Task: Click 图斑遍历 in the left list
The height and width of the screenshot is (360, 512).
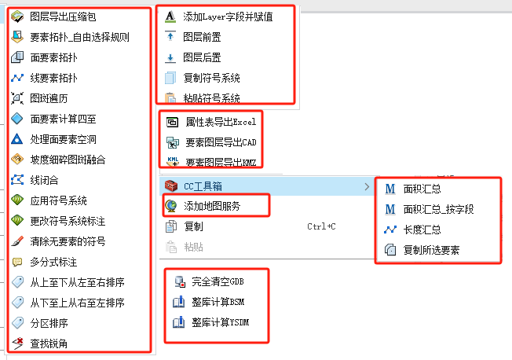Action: [48, 98]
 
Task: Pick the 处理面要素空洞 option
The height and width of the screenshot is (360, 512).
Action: [63, 139]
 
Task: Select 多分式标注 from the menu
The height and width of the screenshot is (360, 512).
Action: [53, 262]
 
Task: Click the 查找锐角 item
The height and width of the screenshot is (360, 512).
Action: [48, 343]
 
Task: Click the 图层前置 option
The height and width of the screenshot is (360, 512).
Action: [202, 37]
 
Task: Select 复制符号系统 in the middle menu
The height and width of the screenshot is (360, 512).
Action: [211, 78]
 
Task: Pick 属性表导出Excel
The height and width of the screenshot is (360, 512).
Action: [221, 123]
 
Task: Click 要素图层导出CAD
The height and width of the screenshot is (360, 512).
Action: [221, 142]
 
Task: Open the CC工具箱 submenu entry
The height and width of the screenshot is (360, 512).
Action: [208, 186]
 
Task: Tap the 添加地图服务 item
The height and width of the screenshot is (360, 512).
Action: [211, 206]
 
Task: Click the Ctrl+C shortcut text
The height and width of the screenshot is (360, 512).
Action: [321, 226]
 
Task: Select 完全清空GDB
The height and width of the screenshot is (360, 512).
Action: [218, 281]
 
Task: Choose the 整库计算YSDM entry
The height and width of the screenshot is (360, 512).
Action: [220, 322]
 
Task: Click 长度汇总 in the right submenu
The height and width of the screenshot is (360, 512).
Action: [422, 230]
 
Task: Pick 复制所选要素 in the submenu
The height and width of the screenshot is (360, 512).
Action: [431, 250]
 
